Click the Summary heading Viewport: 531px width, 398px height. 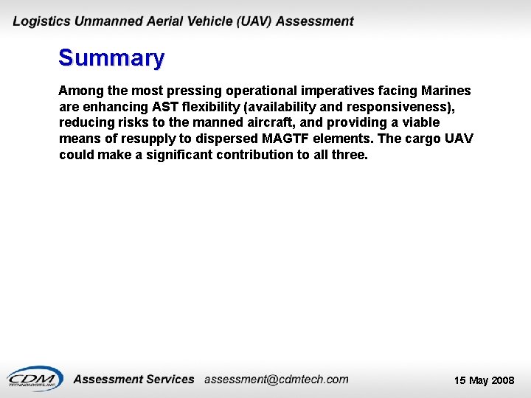(111, 57)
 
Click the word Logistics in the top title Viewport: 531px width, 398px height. (42, 21)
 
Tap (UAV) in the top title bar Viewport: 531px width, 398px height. (251, 21)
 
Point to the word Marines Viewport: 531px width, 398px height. (445, 91)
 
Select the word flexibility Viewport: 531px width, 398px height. (214, 107)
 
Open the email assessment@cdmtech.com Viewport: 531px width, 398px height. (276, 380)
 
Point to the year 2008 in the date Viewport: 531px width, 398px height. (502, 380)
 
